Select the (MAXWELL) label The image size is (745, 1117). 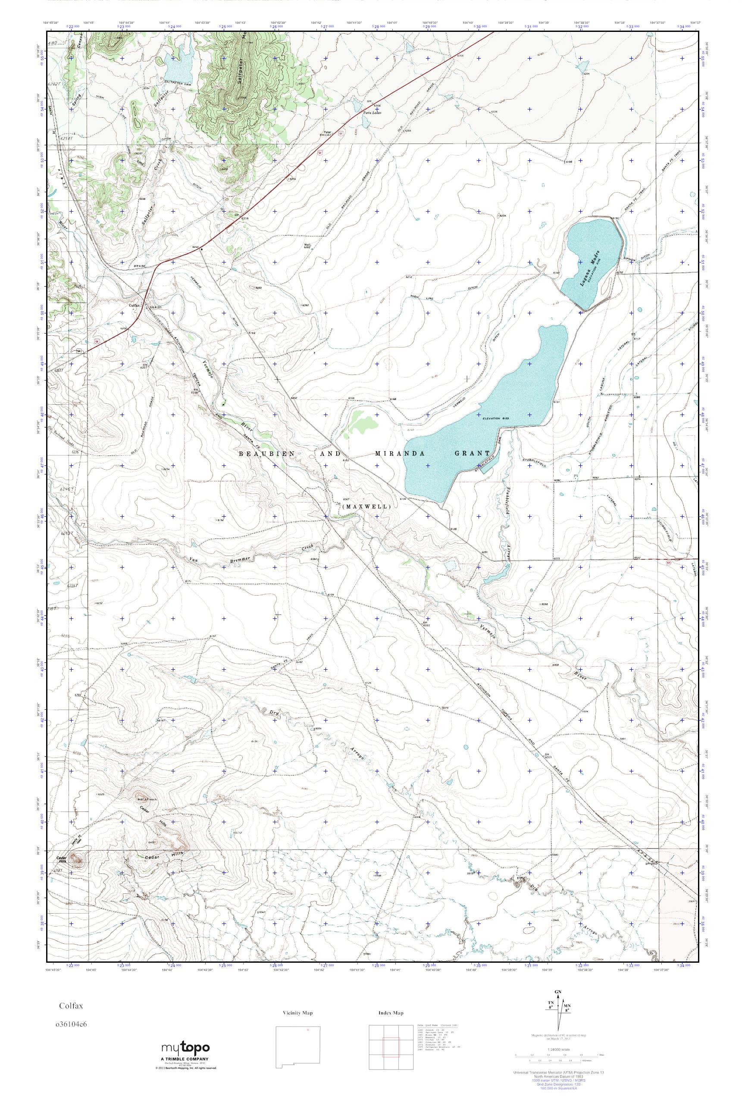point(366,507)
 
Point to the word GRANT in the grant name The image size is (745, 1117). point(470,453)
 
